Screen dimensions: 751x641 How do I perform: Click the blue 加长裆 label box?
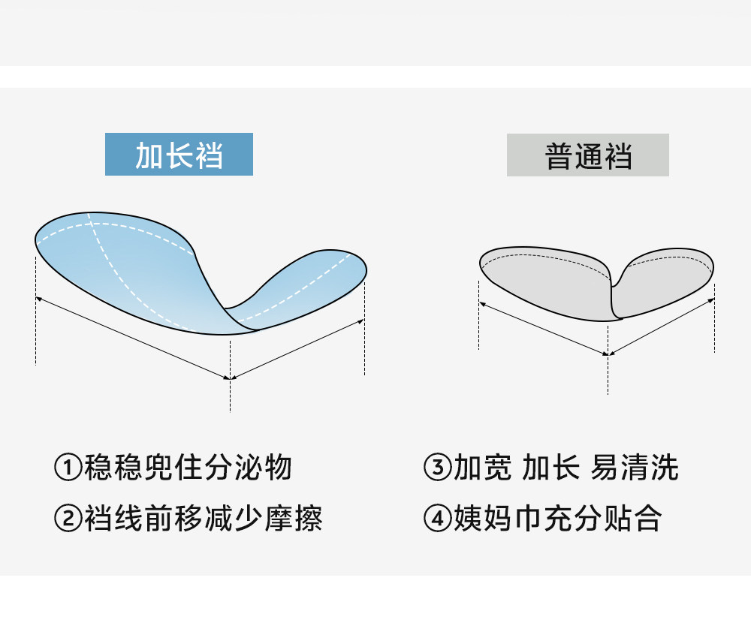[x=179, y=155]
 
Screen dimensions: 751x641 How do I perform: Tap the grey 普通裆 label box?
[x=587, y=155]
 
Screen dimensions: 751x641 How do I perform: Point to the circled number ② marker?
[x=68, y=518]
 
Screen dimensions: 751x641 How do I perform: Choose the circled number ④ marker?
[x=437, y=518]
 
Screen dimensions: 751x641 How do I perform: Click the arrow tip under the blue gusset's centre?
[x=230, y=378]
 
